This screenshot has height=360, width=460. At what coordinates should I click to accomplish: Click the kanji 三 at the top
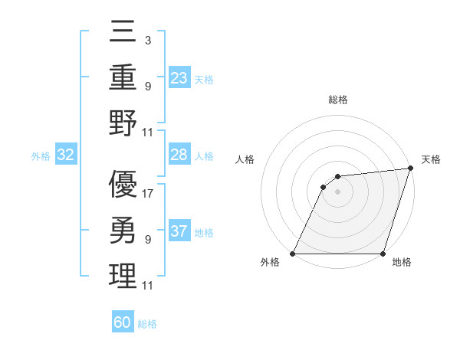pos(123,32)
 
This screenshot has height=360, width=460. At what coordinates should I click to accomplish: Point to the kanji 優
pos(123,184)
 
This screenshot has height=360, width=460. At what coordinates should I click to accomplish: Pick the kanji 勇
pos(123,230)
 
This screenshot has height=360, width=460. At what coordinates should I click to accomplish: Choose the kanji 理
pos(123,276)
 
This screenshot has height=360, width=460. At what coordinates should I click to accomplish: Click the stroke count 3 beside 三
pos(147,39)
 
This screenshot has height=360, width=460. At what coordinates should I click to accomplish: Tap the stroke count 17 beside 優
pos(149,193)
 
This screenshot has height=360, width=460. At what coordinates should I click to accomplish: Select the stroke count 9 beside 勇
pos(147,240)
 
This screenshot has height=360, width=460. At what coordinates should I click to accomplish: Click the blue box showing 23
pos(179,77)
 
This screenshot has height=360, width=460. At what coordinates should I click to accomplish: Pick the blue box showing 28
pos(179,155)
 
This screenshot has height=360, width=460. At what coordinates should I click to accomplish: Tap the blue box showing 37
pos(179,231)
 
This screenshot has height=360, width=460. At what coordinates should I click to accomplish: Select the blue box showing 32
pos(66,155)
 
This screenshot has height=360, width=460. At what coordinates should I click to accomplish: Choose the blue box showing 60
pos(123,322)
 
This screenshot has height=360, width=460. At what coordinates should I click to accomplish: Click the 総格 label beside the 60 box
pos(147,324)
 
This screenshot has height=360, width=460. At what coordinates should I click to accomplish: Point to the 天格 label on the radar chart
pos(431,159)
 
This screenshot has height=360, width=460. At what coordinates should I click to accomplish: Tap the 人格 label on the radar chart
pos(245,159)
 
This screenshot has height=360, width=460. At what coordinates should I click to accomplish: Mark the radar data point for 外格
pos(292,254)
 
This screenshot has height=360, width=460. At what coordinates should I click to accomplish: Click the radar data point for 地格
pos(383,254)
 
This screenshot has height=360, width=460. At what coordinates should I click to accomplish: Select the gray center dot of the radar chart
pos(337,191)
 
